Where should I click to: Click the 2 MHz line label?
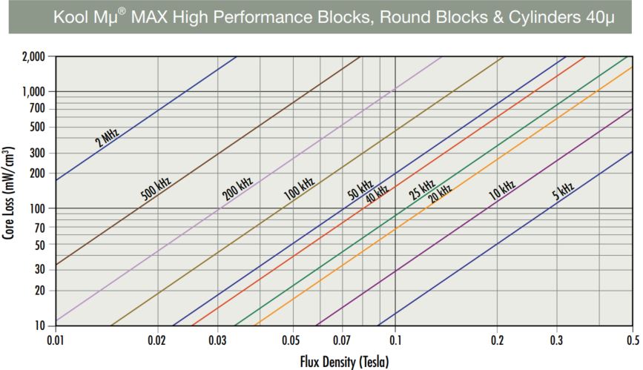[107, 136]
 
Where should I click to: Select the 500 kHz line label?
[156, 189]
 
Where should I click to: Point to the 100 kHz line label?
[299, 189]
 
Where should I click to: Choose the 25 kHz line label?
[421, 190]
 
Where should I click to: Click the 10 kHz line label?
[501, 191]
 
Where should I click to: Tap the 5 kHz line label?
[563, 191]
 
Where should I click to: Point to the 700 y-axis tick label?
[38, 109]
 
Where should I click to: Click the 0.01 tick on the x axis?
[56, 340]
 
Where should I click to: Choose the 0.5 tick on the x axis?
[632, 340]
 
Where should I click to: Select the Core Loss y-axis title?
[10, 191]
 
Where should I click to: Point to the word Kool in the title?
[72, 16]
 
